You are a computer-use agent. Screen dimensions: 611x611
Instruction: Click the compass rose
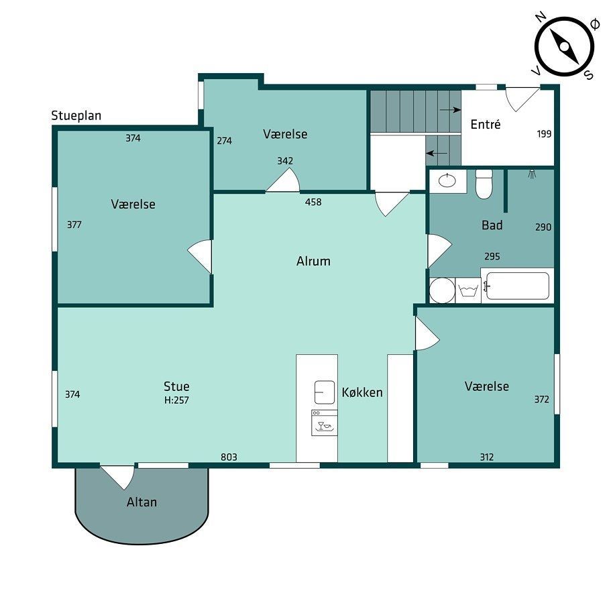[x=564, y=47]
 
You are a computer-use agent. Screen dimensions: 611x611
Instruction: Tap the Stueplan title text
[x=76, y=116]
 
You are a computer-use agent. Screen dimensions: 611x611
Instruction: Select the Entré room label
[x=485, y=124]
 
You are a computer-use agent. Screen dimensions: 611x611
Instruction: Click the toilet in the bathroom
[x=484, y=184]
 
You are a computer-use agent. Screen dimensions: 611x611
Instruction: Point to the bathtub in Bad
[x=518, y=286]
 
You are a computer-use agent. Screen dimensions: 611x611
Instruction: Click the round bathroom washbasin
[x=447, y=180]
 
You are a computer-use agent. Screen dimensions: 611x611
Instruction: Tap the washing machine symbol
[x=468, y=290]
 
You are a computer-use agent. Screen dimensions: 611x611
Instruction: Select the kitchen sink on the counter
[x=325, y=392]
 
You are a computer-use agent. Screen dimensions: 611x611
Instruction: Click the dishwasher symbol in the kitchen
[x=324, y=423]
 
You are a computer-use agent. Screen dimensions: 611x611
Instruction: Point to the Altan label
[x=142, y=502]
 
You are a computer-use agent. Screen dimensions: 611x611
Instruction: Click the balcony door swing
[x=118, y=477]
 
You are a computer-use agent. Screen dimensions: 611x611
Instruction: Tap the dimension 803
[x=229, y=457]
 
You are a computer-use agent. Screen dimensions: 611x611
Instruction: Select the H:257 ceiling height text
[x=176, y=400]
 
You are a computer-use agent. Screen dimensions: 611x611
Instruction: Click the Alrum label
[x=313, y=261]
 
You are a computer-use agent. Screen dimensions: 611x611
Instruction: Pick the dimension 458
[x=313, y=202]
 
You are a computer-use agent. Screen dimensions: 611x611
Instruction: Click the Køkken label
[x=362, y=392]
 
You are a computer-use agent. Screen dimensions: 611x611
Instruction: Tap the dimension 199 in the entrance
[x=544, y=134]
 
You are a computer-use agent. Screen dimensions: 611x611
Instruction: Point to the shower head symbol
[x=532, y=174]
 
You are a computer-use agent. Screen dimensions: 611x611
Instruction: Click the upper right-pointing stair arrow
[x=451, y=110]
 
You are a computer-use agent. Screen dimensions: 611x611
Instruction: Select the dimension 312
[x=487, y=457]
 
